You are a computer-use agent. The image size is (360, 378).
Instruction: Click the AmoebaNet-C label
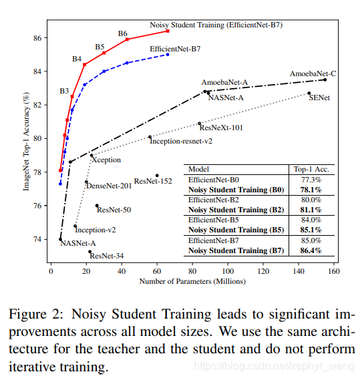pos(313,73)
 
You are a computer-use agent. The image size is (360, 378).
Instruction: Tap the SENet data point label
pos(319,98)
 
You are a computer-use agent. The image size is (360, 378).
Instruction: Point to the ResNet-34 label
pos(106,256)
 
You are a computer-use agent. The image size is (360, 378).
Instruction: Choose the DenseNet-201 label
pos(107,186)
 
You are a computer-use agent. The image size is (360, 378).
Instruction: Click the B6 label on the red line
pos(123,33)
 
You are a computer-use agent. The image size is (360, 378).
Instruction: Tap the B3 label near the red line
pos(64,90)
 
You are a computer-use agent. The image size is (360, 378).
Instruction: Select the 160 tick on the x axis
pos(333,272)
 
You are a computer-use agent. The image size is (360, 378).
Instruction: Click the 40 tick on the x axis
pos(121,272)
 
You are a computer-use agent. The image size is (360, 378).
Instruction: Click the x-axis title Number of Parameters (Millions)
pos(192,282)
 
